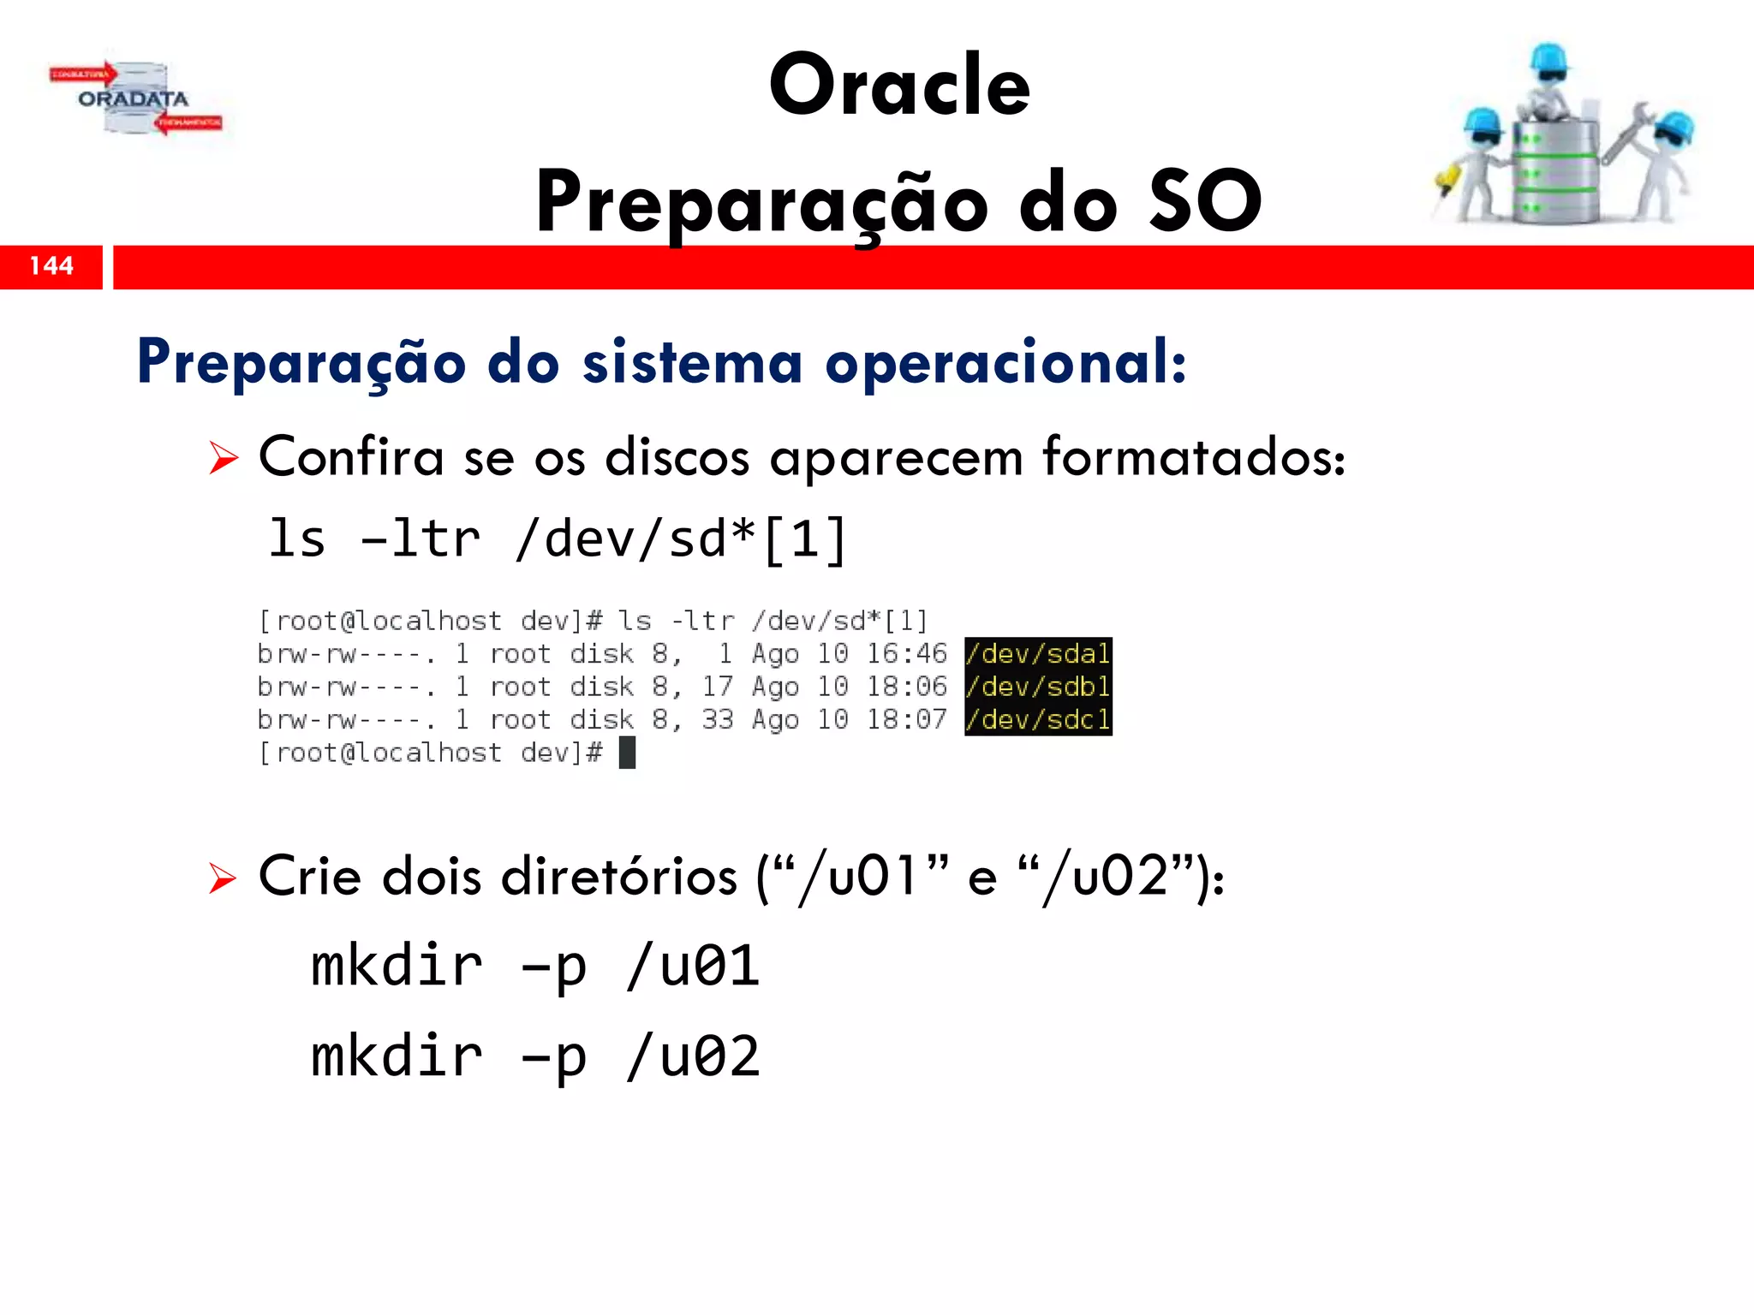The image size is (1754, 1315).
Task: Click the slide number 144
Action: click(x=51, y=266)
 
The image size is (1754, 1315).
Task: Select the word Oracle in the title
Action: click(x=899, y=85)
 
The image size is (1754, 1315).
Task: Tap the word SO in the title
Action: click(x=1205, y=201)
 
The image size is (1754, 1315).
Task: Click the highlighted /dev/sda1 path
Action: click(x=1038, y=654)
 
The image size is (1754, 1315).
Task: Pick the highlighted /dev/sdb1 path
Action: click(x=1038, y=687)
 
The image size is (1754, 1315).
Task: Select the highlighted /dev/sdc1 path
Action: click(x=1038, y=720)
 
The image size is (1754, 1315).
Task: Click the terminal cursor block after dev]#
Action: click(x=627, y=753)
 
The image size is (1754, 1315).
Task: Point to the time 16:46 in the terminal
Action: click(x=906, y=654)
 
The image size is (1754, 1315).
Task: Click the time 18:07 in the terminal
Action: click(x=906, y=720)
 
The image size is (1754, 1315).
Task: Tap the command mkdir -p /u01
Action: click(x=534, y=967)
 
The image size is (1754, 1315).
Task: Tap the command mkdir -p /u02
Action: click(x=534, y=1056)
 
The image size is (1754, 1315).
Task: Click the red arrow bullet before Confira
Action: click(x=224, y=459)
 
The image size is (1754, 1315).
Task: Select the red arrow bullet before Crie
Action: click(x=223, y=878)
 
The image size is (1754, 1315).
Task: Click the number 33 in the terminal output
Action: click(x=718, y=720)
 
